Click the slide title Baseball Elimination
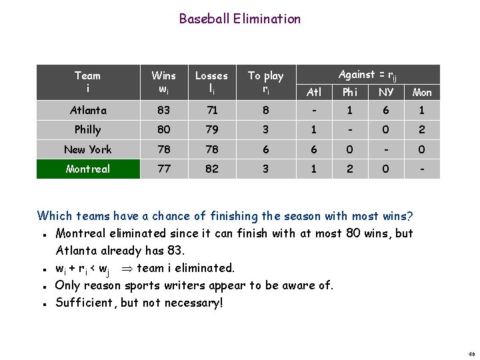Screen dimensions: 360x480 tap(239, 19)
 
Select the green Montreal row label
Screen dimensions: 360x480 tap(88, 169)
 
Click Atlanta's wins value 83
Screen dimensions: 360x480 tap(164, 111)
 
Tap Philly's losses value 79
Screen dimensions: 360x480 tap(211, 130)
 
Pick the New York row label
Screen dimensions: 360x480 tap(88, 150)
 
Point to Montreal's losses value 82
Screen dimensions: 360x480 tap(211, 169)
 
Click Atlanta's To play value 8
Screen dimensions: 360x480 tap(265, 111)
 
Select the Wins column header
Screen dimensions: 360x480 tap(164, 82)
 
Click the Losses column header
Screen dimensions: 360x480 tap(211, 82)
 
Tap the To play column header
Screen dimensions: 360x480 tap(265, 82)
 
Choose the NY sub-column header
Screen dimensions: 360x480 tap(386, 93)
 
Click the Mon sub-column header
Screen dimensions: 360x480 tap(422, 93)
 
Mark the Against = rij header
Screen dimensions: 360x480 tap(367, 75)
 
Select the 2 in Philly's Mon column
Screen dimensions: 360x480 tap(422, 130)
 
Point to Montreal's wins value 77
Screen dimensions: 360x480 tap(164, 169)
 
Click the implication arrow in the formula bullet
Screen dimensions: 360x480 tap(123, 269)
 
